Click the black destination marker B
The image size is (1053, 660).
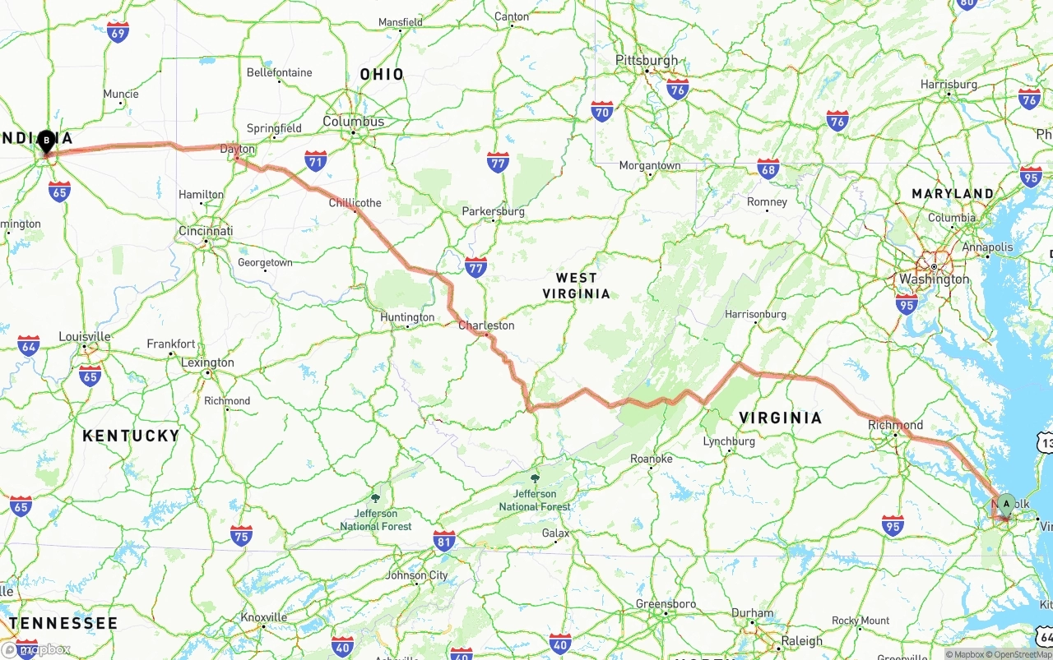point(47,141)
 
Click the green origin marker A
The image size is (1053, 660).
point(1005,504)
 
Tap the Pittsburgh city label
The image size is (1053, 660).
point(647,61)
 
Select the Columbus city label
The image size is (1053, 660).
point(354,122)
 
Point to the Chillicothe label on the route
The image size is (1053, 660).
point(355,202)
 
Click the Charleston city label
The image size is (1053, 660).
point(486,325)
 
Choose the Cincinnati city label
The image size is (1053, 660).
point(206,231)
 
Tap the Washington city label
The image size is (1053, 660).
point(934,279)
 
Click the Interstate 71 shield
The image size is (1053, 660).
point(315,160)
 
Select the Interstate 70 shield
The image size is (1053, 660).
point(602,112)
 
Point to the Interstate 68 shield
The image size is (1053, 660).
point(768,169)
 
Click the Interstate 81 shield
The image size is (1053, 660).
point(444,541)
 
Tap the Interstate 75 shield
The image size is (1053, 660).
point(241,536)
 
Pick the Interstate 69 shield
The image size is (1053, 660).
point(118,33)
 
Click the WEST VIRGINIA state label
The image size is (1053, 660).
point(577,286)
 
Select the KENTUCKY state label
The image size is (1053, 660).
point(130,436)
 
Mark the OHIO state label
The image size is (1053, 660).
point(382,75)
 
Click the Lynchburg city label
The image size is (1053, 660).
point(729,441)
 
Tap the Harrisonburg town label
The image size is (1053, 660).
point(755,314)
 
